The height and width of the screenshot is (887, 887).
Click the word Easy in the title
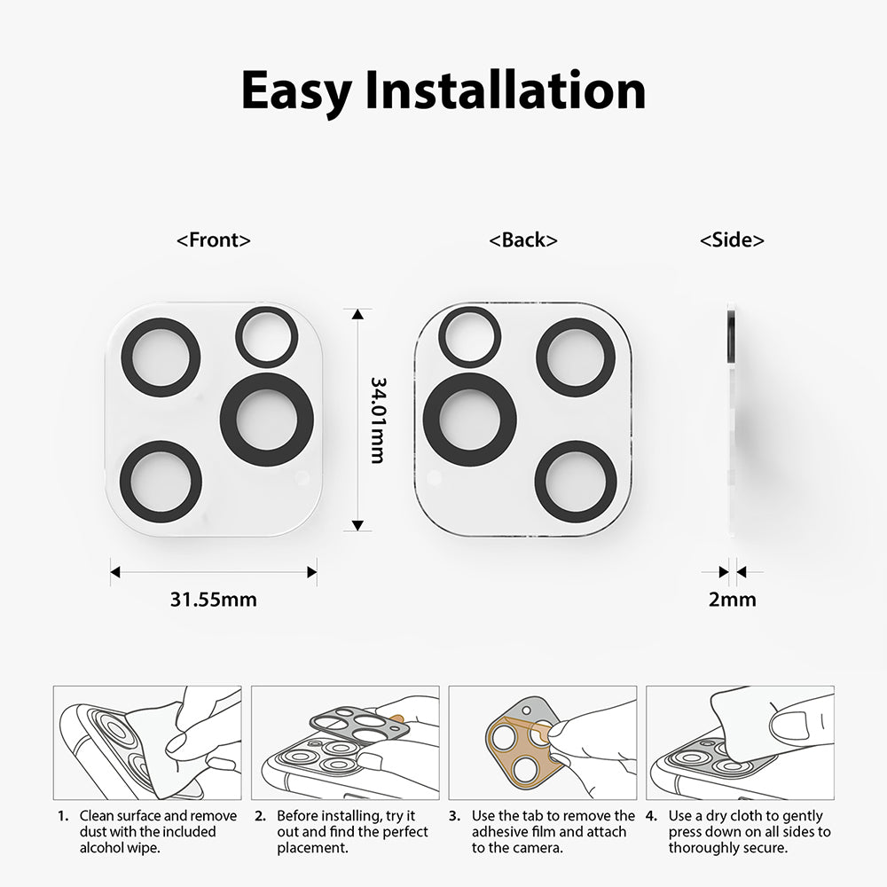pyautogui.click(x=296, y=90)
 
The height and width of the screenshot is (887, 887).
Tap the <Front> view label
pyautogui.click(x=213, y=239)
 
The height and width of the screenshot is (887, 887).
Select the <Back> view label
pyautogui.click(x=523, y=239)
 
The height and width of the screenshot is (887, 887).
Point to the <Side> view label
pyautogui.click(x=732, y=239)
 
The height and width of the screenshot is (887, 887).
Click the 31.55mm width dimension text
pyautogui.click(x=213, y=600)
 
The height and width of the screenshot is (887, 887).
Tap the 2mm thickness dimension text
pyautogui.click(x=732, y=600)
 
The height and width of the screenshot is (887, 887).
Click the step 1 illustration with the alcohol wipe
pyautogui.click(x=147, y=742)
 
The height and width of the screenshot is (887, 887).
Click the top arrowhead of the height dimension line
pyautogui.click(x=357, y=315)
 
